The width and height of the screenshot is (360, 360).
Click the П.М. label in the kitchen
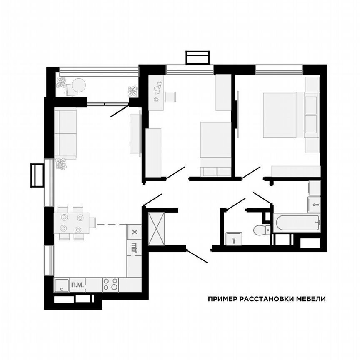click(77, 285)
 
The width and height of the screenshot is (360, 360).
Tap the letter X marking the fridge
click(134, 232)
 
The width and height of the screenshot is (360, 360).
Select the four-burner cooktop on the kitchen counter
click(110, 284)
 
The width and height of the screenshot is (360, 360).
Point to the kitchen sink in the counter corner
click(62, 285)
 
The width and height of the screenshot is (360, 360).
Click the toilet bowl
click(260, 229)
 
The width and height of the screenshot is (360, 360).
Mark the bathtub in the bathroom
click(296, 223)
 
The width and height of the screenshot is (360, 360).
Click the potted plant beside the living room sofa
click(61, 164)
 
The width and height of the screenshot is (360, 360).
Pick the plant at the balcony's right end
click(132, 91)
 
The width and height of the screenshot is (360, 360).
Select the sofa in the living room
click(65, 133)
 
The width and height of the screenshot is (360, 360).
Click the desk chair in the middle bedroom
click(170, 97)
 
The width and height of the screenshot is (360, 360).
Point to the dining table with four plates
click(71, 223)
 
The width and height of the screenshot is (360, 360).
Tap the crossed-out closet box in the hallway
click(157, 228)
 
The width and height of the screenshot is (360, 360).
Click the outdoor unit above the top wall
click(197, 57)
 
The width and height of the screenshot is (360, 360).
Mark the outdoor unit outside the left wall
click(37, 175)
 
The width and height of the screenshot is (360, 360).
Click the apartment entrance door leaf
click(197, 256)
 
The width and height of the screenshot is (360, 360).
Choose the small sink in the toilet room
click(234, 239)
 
